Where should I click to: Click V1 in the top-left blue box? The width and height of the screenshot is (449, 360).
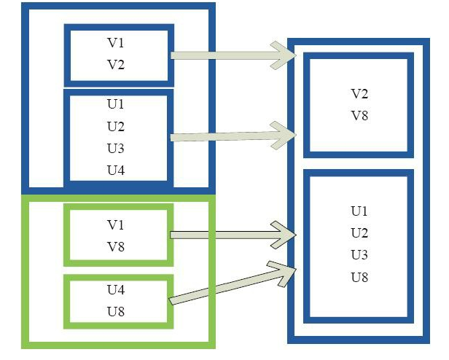pyautogui.click(x=116, y=43)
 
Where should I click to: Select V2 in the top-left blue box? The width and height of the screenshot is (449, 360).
pyautogui.click(x=116, y=64)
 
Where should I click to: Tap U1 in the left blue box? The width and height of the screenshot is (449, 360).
pyautogui.click(x=115, y=103)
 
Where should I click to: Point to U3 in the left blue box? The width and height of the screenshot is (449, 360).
pyautogui.click(x=115, y=149)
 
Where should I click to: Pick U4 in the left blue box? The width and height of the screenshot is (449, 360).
pyautogui.click(x=115, y=171)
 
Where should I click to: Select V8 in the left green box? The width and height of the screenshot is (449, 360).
pyautogui.click(x=116, y=246)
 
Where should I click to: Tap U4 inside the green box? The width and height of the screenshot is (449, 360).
pyautogui.click(x=116, y=289)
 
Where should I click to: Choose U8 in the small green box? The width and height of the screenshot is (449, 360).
pyautogui.click(x=116, y=311)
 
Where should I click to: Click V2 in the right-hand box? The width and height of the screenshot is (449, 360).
pyautogui.click(x=359, y=93)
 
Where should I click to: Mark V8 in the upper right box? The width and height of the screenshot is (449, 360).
pyautogui.click(x=359, y=115)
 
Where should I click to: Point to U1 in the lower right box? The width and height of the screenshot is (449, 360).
pyautogui.click(x=359, y=211)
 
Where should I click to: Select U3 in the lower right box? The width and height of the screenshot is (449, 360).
pyautogui.click(x=359, y=255)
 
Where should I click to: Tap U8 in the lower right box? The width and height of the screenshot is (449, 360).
pyautogui.click(x=359, y=277)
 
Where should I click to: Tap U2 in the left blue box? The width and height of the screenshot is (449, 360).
pyautogui.click(x=115, y=126)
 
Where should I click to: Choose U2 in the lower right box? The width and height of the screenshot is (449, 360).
pyautogui.click(x=359, y=233)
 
